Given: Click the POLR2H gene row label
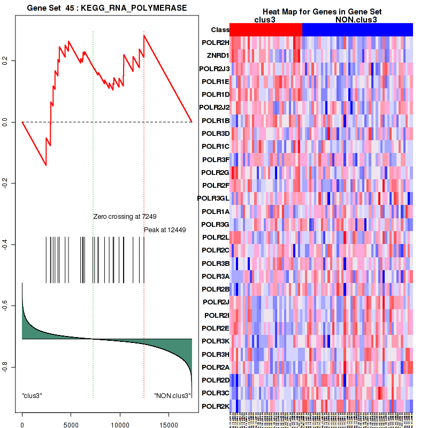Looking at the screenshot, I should pos(216,43).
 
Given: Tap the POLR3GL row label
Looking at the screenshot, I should pos(213,198).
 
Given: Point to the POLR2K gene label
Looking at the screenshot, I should pos(216,406).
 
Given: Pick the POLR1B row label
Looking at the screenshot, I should pos(216,121).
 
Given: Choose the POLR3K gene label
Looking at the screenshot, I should pos(216,341).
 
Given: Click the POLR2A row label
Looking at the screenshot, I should pos(216,367).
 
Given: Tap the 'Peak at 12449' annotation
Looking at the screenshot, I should pos(165,230).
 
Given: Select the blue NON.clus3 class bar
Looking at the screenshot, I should pos(357,30).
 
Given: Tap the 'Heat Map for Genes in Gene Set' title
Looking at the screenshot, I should pos(322,12).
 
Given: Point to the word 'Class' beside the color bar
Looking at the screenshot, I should pos(220,30).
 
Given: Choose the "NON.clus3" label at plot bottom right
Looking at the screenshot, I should pos(172,396).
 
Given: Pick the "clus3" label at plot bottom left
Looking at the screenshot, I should pos(32,396).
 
